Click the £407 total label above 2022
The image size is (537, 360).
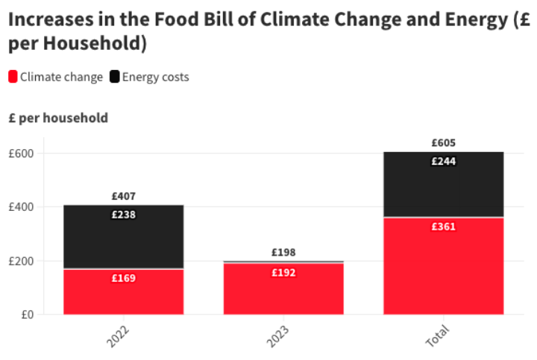[123, 197]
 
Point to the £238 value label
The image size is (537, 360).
[123, 215]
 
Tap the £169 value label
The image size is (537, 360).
[123, 278]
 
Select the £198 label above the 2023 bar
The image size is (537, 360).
[283, 253]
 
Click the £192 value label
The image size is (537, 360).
[283, 273]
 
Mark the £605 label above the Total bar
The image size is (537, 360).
[443, 143]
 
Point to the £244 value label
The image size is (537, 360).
[443, 161]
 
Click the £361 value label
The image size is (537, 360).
[443, 227]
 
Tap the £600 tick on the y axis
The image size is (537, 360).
[22, 154]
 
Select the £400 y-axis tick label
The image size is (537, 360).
[22, 207]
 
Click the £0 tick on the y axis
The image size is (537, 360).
[27, 315]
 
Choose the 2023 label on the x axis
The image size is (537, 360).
[278, 336]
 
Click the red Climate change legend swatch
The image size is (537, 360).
[13, 77]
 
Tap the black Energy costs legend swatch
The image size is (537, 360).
[115, 77]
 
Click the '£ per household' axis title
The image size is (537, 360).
[58, 118]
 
